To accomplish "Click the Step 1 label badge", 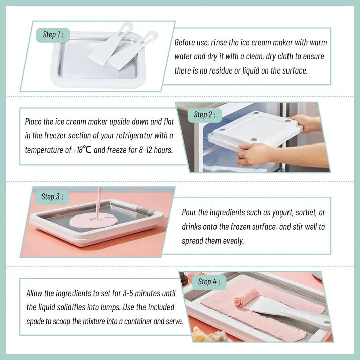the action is [x=53, y=35].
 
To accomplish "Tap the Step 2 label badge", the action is [x=204, y=115].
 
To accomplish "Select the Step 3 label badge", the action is [x=52, y=197].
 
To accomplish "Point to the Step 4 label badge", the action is [x=209, y=282].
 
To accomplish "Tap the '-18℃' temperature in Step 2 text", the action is [x=83, y=150].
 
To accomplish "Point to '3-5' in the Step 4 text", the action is [x=128, y=293].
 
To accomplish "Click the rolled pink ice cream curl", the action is [x=246, y=298].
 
